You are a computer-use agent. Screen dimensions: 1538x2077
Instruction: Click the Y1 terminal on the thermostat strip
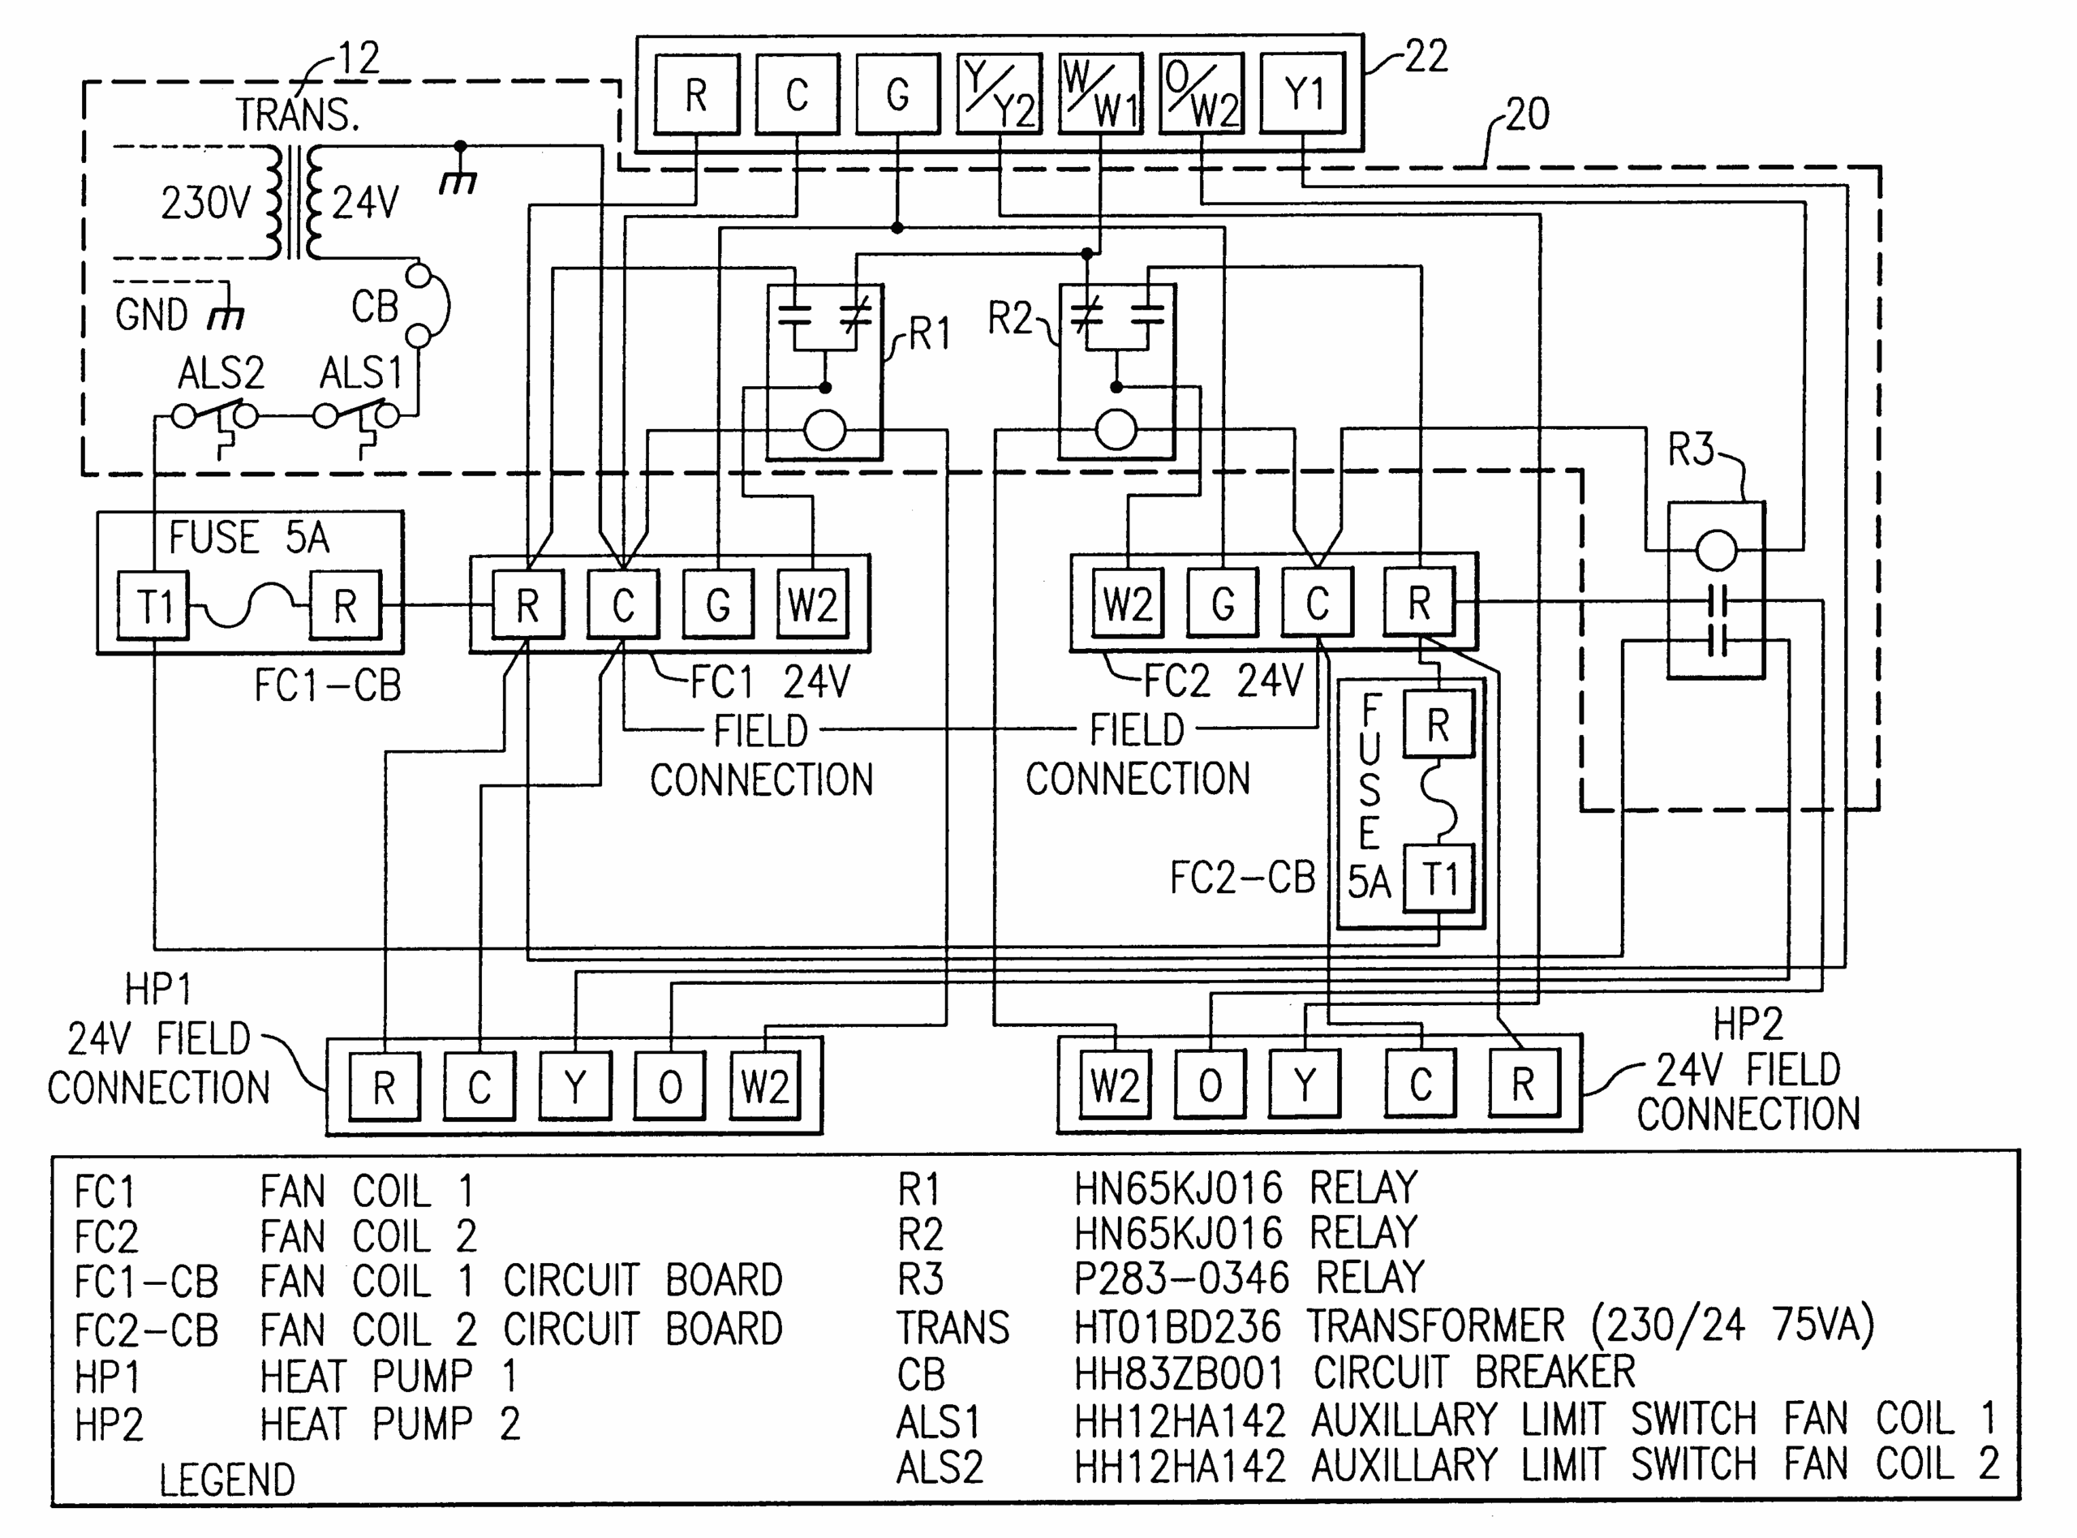click(1301, 94)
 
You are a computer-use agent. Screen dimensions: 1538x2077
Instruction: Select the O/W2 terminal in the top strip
click(1201, 94)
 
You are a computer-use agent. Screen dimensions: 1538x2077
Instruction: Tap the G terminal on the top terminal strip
click(897, 94)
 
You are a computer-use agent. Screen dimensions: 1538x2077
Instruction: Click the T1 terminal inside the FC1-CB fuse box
click(153, 606)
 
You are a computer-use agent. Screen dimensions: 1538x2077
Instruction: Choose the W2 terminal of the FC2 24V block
click(1128, 604)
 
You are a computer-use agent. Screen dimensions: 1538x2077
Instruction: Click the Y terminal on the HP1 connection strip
click(575, 1085)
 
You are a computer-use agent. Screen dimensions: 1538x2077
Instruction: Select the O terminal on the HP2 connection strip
click(1211, 1085)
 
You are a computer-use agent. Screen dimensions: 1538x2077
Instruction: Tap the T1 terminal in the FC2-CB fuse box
click(1438, 878)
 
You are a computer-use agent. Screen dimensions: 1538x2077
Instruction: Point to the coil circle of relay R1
click(825, 431)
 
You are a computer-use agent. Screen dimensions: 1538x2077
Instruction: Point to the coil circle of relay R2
click(1116, 430)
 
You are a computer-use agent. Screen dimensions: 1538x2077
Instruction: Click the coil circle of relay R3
click(1716, 550)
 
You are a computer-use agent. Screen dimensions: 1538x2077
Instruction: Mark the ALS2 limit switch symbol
click(215, 416)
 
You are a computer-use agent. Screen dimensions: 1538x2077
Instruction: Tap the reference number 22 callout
click(1426, 57)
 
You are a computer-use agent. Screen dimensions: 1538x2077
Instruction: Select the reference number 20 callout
click(1527, 114)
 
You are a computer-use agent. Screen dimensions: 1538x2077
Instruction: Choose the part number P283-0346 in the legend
click(1180, 1278)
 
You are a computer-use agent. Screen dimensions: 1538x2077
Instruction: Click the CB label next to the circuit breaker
click(374, 307)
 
